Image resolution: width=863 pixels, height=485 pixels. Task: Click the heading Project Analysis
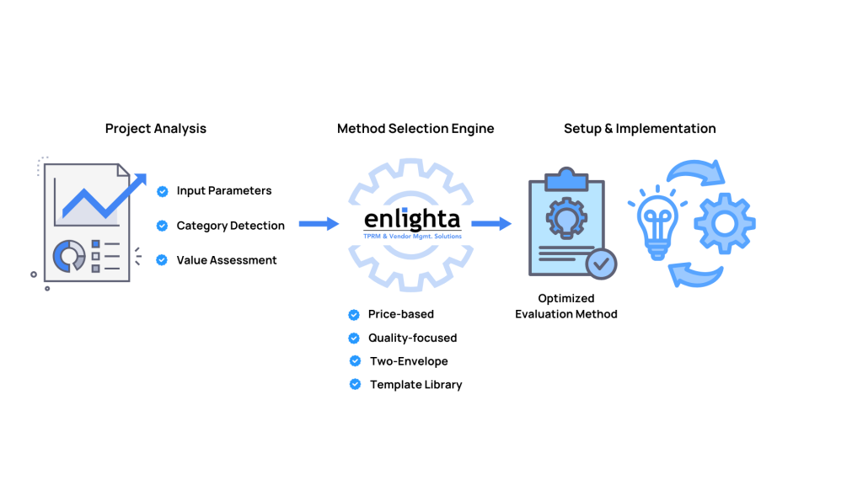click(x=155, y=129)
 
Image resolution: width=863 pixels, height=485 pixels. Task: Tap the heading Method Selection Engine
click(x=415, y=129)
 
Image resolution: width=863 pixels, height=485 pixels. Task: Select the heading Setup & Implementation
click(x=640, y=129)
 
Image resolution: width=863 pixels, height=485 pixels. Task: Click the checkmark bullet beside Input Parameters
click(x=163, y=191)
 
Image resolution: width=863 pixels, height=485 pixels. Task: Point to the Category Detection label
click(x=230, y=226)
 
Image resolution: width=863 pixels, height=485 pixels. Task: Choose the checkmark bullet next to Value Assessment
click(x=163, y=260)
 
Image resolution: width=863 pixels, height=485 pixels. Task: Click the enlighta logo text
click(x=412, y=220)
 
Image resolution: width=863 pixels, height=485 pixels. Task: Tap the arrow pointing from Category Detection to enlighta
click(x=319, y=224)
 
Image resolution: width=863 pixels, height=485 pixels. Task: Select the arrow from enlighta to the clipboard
click(x=491, y=224)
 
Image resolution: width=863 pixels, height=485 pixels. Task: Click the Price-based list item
click(x=400, y=314)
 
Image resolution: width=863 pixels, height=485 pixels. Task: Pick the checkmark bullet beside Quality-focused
click(x=354, y=338)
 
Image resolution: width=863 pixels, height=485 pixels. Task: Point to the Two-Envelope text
click(x=409, y=361)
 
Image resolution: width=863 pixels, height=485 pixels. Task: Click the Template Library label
click(x=415, y=385)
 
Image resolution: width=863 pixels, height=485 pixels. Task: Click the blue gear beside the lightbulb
click(x=724, y=224)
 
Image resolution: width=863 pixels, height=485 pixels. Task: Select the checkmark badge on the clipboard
click(x=601, y=264)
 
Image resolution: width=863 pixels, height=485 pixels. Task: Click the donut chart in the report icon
click(x=68, y=256)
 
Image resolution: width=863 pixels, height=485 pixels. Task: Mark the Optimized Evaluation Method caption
click(x=566, y=306)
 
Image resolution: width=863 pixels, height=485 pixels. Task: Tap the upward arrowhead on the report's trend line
click(x=138, y=179)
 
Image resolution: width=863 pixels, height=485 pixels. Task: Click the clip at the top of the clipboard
click(x=566, y=179)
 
